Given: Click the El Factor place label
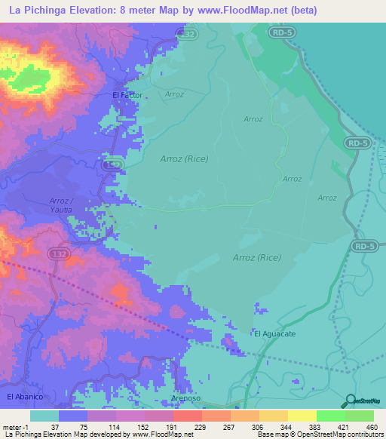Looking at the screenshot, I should [127, 95].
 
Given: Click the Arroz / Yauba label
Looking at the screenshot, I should [63, 205].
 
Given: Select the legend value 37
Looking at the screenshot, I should [54, 426].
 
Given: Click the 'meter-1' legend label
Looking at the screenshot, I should [16, 426].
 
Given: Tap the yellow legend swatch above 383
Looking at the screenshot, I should [302, 416].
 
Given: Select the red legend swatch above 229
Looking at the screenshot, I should [186, 416].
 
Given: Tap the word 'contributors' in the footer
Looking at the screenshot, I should [363, 434].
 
